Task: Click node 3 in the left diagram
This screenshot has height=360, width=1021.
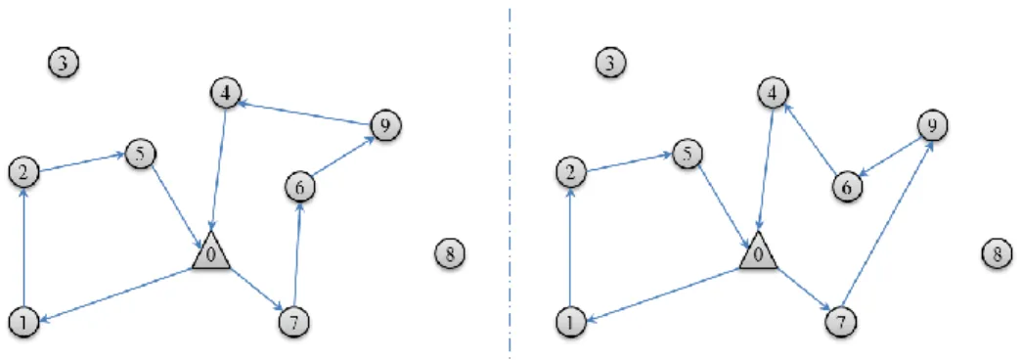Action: coord(64,63)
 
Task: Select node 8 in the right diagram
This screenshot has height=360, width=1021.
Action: coord(997,252)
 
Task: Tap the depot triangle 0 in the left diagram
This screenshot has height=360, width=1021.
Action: coord(211,251)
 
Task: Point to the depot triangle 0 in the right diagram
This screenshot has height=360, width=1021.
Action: coord(758,251)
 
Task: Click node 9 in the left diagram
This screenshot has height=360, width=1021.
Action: coord(384,125)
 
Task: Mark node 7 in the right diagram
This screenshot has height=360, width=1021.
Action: coord(841,320)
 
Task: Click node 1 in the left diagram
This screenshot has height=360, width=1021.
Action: coord(24,320)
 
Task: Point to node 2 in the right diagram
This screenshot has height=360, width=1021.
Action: coord(572,172)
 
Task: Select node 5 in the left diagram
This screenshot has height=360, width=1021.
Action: coord(139,156)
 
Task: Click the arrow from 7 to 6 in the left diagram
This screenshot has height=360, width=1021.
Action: coord(297,254)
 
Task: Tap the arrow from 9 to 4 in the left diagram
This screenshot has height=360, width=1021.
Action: coord(305,112)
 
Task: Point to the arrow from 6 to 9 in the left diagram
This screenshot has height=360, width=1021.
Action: coord(342,157)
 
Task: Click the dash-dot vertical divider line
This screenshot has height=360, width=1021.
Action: coord(510,180)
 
